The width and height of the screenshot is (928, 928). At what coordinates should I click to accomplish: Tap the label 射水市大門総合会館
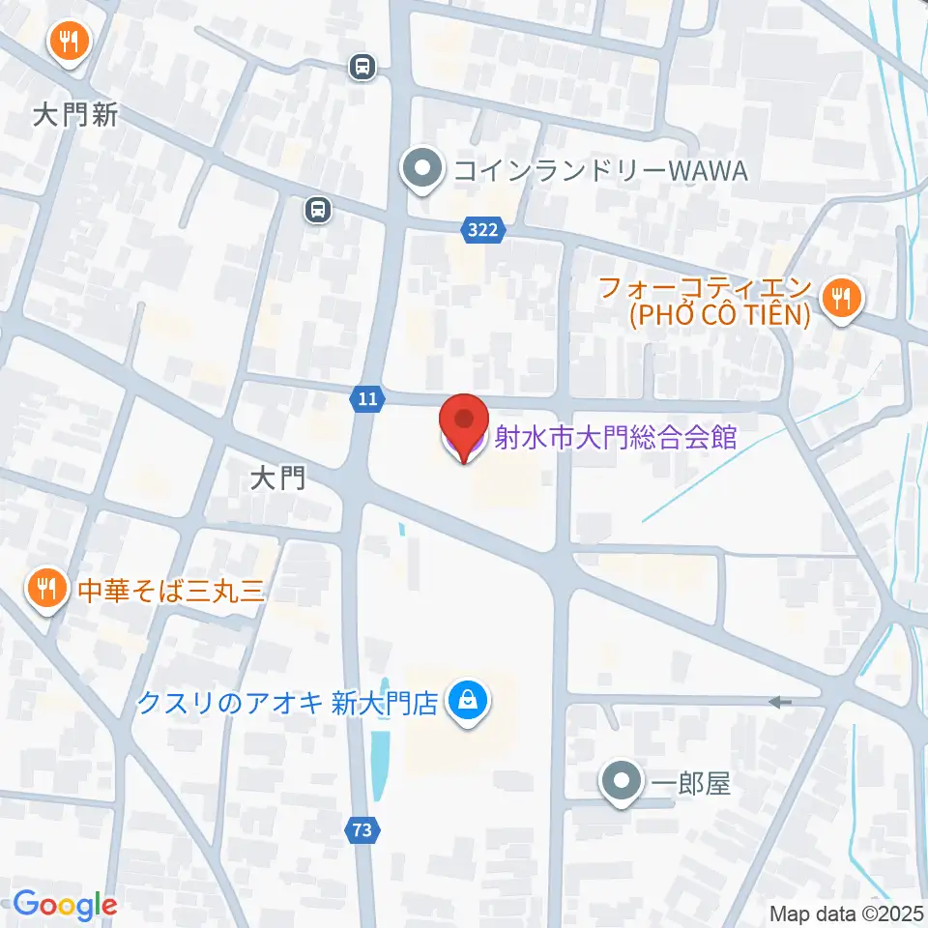(616, 439)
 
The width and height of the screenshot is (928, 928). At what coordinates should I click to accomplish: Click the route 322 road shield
(481, 229)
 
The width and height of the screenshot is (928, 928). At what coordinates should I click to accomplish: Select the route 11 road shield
(366, 398)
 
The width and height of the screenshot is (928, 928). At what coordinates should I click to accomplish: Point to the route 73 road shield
(361, 828)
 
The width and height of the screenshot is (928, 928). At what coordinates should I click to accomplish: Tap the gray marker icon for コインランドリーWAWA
(422, 170)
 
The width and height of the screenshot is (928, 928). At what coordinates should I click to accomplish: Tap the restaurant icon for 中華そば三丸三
(44, 590)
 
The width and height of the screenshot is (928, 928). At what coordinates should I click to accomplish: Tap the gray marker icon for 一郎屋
(620, 782)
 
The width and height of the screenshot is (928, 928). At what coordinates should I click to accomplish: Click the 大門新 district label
(75, 116)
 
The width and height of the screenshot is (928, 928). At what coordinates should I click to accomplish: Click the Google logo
(65, 906)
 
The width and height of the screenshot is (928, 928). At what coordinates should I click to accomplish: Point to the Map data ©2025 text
(847, 913)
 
